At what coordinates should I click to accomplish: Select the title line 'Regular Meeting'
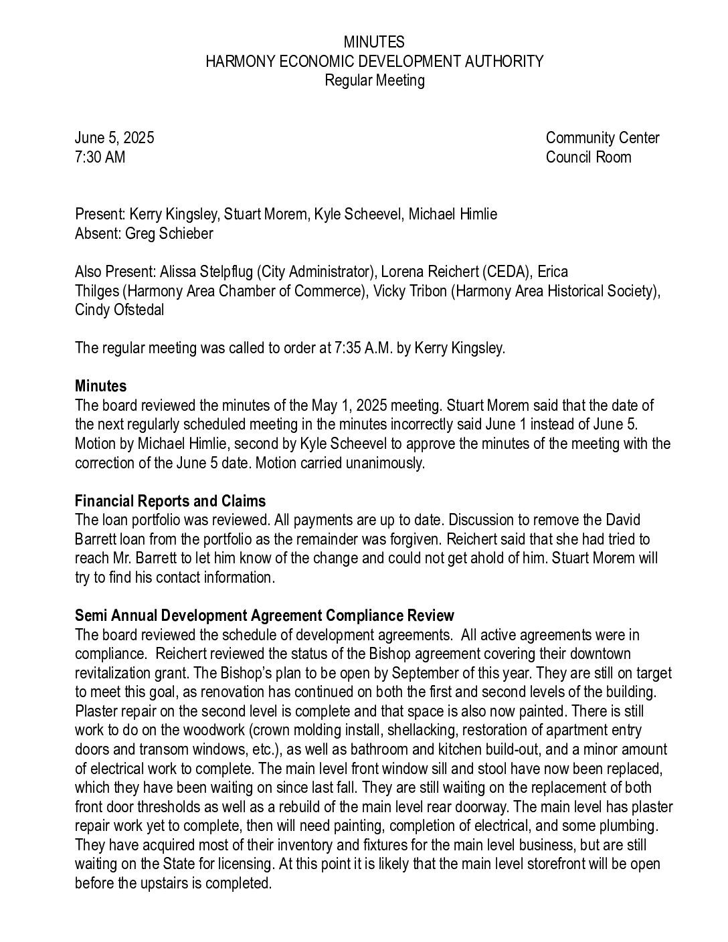pos(374,80)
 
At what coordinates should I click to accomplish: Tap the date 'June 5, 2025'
pos(114,138)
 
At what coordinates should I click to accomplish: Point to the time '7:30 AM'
pos(100,157)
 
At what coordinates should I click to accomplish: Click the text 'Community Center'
pos(602,138)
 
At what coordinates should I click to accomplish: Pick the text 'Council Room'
pos(588,157)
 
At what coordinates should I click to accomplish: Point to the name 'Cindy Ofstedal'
pos(119,310)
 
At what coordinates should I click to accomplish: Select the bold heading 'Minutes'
pos(100,386)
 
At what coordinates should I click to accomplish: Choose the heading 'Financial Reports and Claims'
pos(170,501)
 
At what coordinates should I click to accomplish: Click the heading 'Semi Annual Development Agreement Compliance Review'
pos(264,616)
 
